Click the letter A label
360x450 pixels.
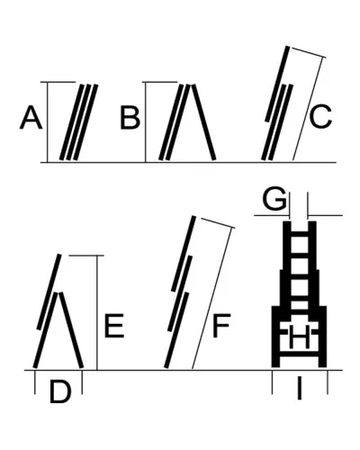point(31,117)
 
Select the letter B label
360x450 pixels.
point(130,117)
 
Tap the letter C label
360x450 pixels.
point(320,117)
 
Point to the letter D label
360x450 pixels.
point(60,391)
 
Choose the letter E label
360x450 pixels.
point(114,326)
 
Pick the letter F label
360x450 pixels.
point(221,326)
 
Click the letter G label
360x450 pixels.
point(274,198)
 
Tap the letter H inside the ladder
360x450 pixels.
point(300,337)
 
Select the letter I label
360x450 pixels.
point(299,389)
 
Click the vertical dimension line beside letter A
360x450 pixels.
point(48,121)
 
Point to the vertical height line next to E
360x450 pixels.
point(97,312)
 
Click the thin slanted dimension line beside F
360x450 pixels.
point(212,298)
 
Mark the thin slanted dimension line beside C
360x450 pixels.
point(308,109)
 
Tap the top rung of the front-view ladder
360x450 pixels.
point(300,236)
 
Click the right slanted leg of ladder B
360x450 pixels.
point(203,122)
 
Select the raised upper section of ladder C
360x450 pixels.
point(277,84)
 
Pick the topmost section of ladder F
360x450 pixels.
point(184,253)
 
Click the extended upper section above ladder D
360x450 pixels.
point(49,292)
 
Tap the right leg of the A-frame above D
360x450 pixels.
point(71,329)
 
